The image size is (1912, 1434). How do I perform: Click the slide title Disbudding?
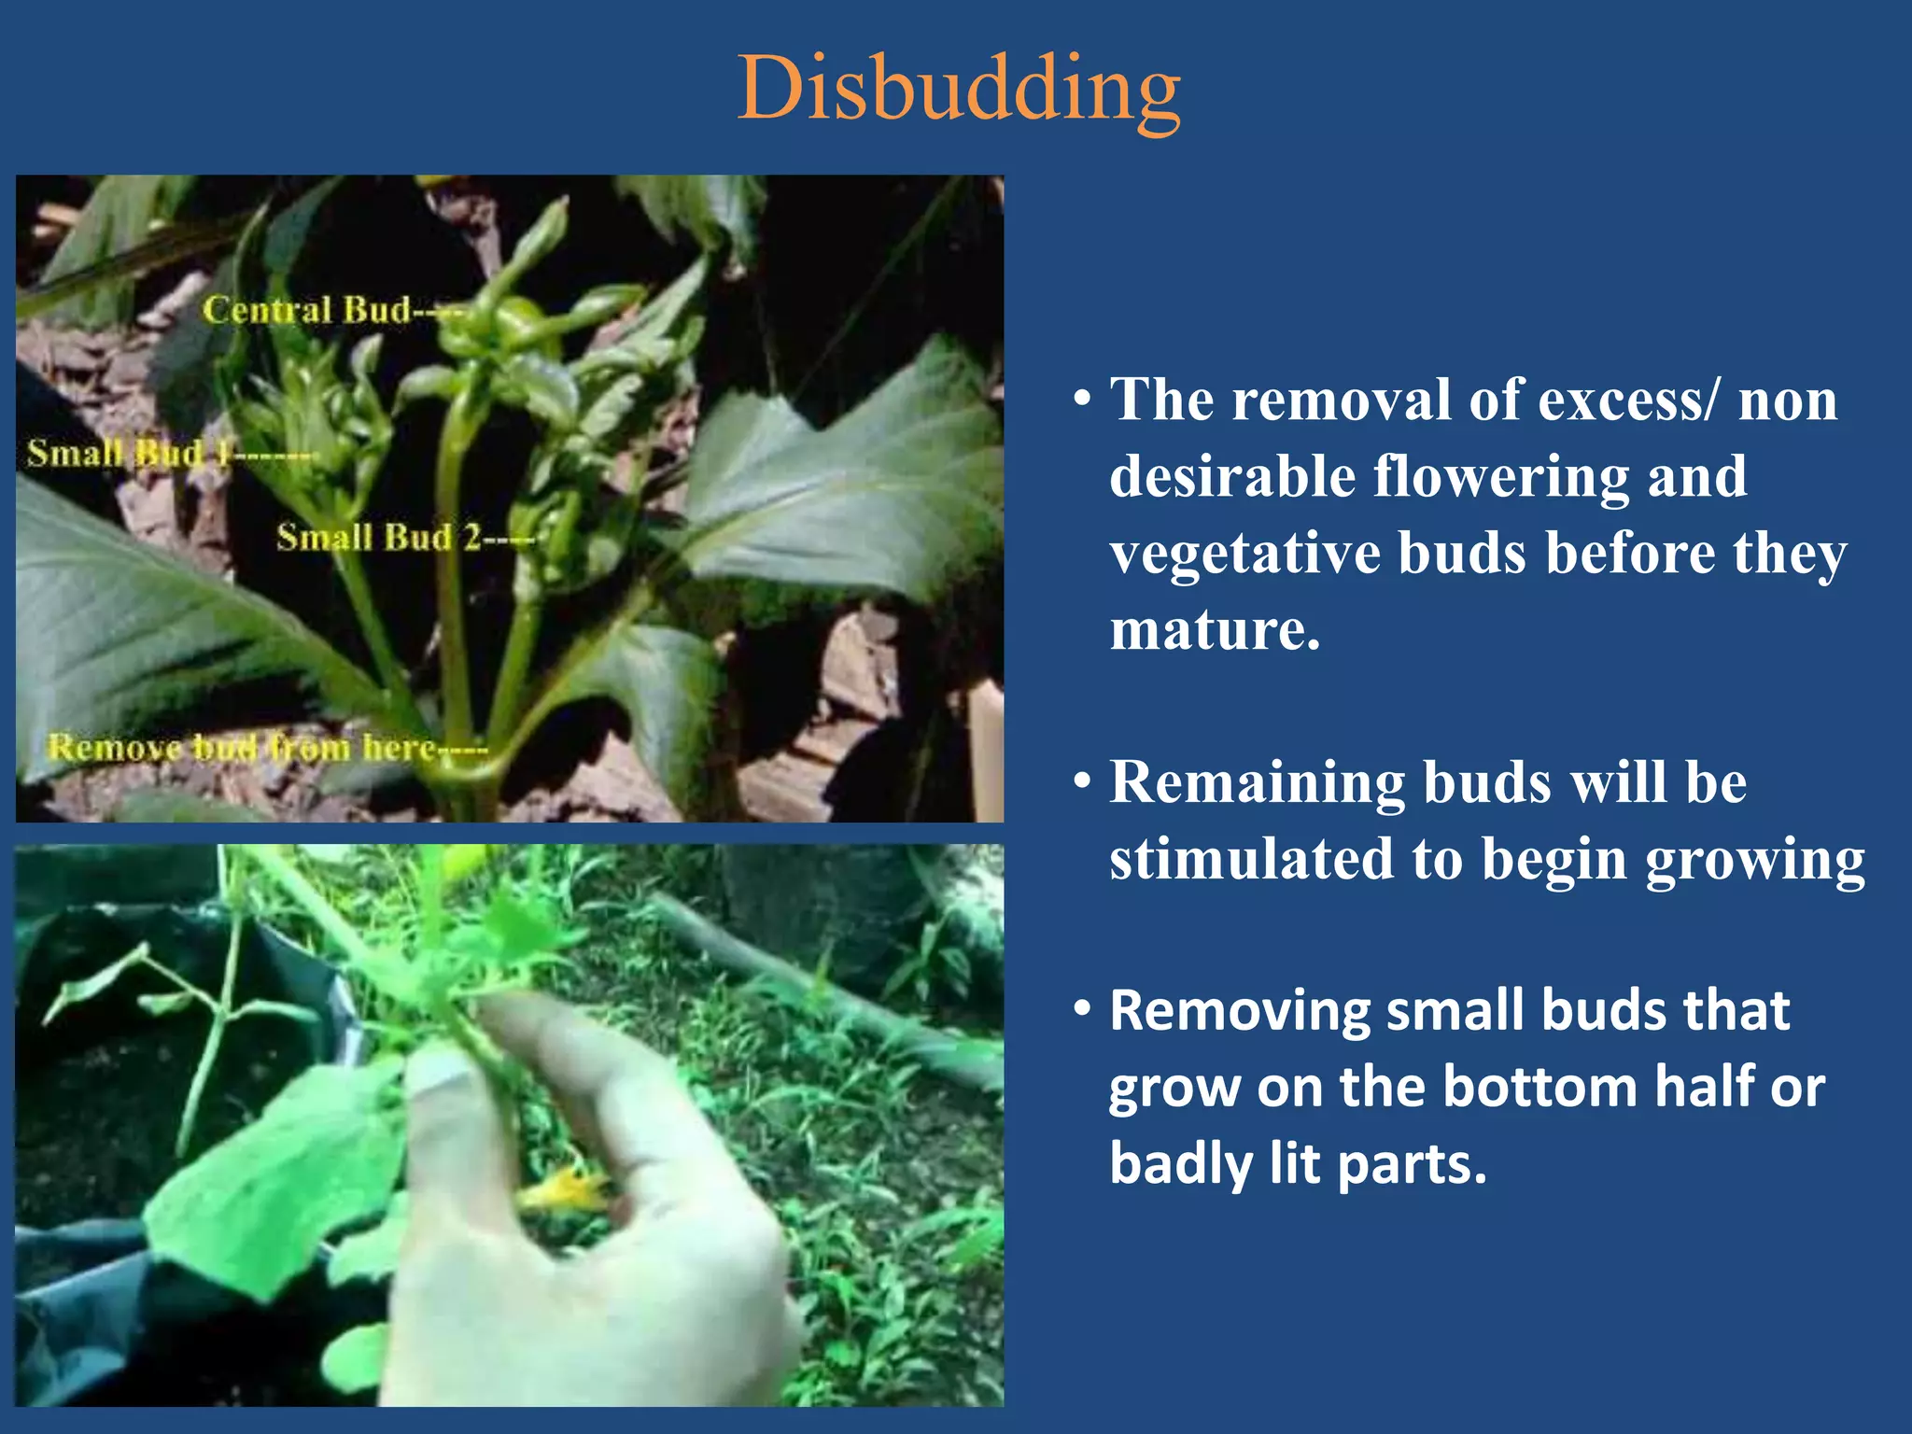(x=959, y=90)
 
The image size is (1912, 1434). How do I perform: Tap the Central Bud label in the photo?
(x=308, y=310)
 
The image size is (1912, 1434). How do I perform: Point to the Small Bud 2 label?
(x=378, y=538)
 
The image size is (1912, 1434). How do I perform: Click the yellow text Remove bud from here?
(x=243, y=748)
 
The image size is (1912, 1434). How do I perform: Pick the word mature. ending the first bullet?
(x=1215, y=630)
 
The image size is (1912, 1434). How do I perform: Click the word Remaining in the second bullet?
(x=1257, y=782)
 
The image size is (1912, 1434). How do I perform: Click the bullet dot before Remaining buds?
(x=1082, y=782)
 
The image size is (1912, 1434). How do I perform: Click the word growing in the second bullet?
(x=1754, y=859)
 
